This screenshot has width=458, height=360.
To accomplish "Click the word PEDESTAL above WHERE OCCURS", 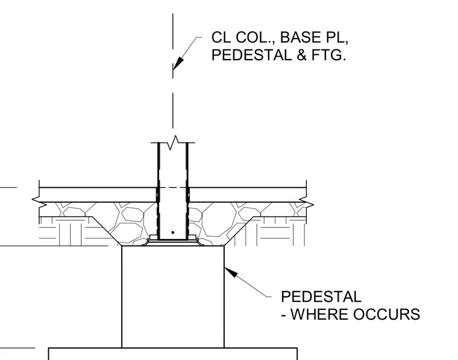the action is point(321,297).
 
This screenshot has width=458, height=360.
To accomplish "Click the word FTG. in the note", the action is point(328,55).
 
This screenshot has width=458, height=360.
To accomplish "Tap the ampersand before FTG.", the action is point(301,55).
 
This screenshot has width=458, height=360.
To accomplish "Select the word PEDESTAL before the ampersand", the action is point(251,55).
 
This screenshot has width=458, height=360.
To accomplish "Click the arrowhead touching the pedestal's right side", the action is point(231,272).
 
